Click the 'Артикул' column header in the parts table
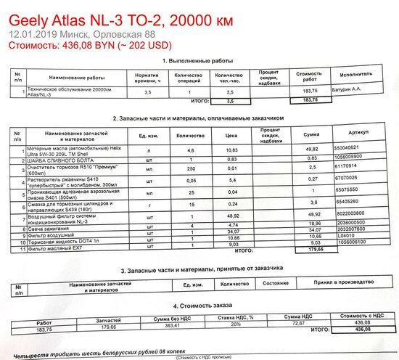pos(359,133)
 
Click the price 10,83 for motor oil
pos(231,148)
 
